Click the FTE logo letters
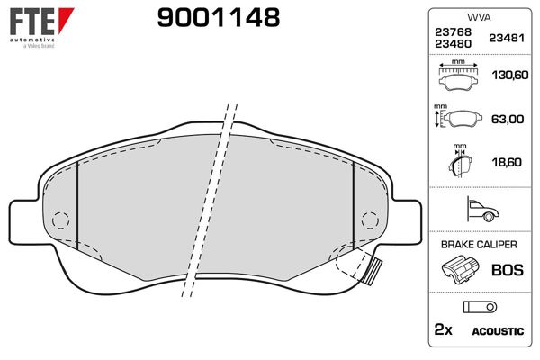[31, 22]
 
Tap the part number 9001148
[219, 18]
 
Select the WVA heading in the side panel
[479, 17]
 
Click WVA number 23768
[453, 31]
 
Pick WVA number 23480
[453, 44]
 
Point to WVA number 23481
[507, 38]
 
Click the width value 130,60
[510, 75]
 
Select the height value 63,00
[508, 119]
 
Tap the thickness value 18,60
[507, 162]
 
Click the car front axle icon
[482, 209]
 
